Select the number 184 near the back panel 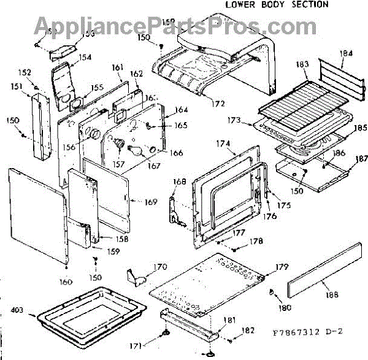point(347,54)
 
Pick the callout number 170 point(160,267)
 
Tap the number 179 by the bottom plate point(282,266)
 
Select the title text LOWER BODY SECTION point(277,4)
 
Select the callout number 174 point(224,145)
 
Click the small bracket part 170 point(139,275)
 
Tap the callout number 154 point(85,57)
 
